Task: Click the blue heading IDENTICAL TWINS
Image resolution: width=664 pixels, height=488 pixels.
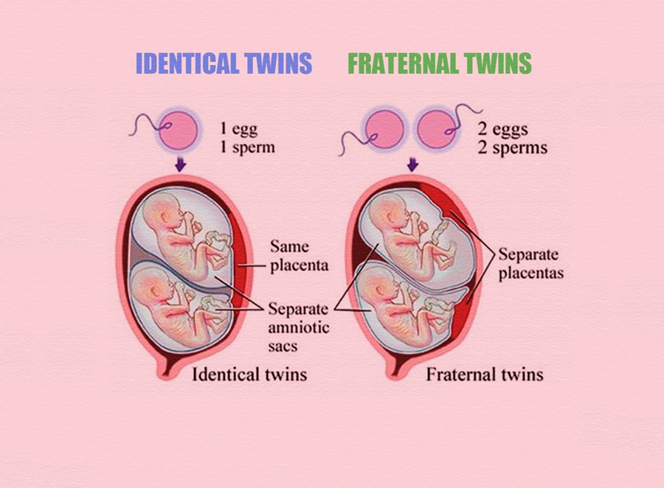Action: click(x=224, y=64)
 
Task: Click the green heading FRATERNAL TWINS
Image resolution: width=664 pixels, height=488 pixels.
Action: click(x=439, y=64)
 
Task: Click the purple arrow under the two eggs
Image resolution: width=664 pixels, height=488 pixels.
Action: click(x=412, y=164)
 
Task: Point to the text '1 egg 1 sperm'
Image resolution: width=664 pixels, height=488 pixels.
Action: click(x=247, y=137)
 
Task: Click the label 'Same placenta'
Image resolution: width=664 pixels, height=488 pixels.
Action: click(x=289, y=255)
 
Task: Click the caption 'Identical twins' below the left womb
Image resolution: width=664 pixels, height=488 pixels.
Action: click(x=249, y=374)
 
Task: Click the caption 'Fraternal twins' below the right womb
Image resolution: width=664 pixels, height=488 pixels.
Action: click(x=484, y=374)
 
